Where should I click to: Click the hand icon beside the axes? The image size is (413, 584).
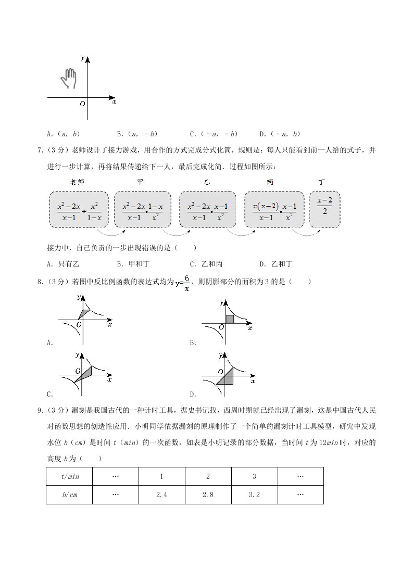click(x=68, y=79)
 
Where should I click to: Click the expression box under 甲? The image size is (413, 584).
click(x=143, y=209)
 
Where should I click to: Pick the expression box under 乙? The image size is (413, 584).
click(x=207, y=209)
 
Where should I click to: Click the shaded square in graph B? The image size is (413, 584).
click(x=230, y=319)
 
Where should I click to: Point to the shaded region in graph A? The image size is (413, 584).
click(x=83, y=313)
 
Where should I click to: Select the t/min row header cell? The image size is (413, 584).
click(x=69, y=476)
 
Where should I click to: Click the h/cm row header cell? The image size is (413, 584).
click(x=69, y=494)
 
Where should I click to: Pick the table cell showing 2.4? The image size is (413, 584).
click(x=161, y=494)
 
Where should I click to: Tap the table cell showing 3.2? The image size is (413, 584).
click(x=254, y=494)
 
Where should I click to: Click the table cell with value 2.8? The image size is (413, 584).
click(x=208, y=494)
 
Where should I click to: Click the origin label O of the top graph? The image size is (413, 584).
click(x=82, y=104)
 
